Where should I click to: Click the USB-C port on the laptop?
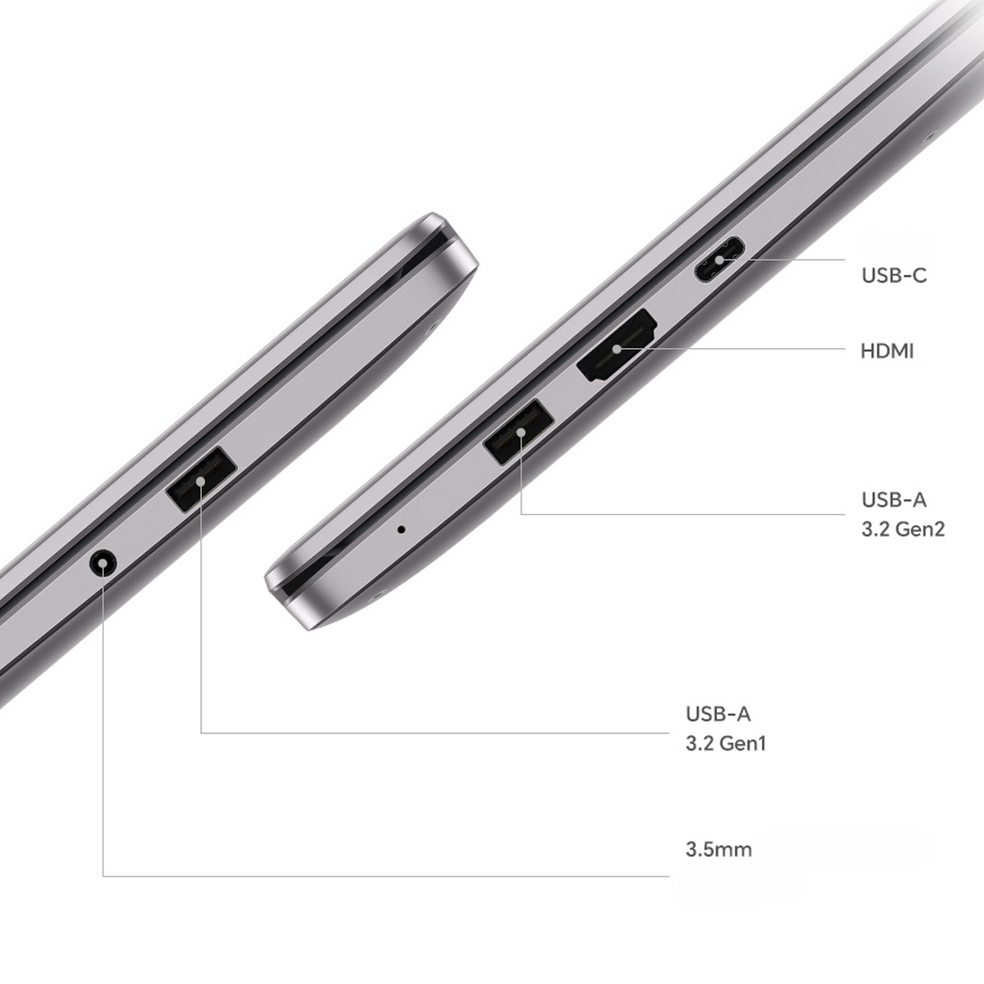(719, 259)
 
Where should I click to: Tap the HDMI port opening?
(617, 345)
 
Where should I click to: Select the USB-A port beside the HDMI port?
(519, 431)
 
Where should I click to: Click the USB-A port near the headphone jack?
(201, 480)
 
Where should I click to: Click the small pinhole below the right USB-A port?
(401, 529)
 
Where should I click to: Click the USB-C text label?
(894, 275)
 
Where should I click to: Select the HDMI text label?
(887, 351)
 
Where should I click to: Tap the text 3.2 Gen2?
(903, 529)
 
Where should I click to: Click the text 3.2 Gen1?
(725, 744)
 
